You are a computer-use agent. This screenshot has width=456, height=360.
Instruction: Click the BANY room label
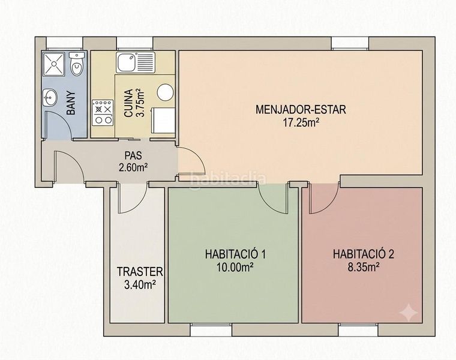pos(71,104)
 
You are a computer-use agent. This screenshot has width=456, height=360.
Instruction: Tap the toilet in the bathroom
pos(77,64)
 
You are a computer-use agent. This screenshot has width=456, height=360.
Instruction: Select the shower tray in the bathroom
pos(54,64)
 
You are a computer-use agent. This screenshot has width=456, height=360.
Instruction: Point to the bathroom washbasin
pos(49,98)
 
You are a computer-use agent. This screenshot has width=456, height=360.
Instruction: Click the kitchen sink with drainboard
pos(135,62)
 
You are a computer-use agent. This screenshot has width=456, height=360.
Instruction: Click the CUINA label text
pos(128,103)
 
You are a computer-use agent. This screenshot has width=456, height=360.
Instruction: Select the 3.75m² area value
pos(140,103)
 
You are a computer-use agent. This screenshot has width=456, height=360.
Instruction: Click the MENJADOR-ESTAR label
pos(301,110)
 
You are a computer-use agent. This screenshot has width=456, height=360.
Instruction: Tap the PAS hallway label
pos(133,155)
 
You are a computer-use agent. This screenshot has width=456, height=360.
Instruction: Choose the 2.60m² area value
pos(133,167)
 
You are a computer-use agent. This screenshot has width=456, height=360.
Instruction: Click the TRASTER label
pos(140,272)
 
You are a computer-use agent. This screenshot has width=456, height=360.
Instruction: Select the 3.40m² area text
pos(139,284)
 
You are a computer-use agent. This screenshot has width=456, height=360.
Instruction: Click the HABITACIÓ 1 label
pos(235,254)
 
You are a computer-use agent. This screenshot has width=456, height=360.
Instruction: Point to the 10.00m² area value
pos(234,267)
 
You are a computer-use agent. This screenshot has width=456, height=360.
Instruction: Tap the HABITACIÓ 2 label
pos(364,254)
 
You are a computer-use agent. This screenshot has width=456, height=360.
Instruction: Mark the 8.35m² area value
pos(364,266)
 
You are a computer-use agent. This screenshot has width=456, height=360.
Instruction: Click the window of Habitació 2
pos(358,329)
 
